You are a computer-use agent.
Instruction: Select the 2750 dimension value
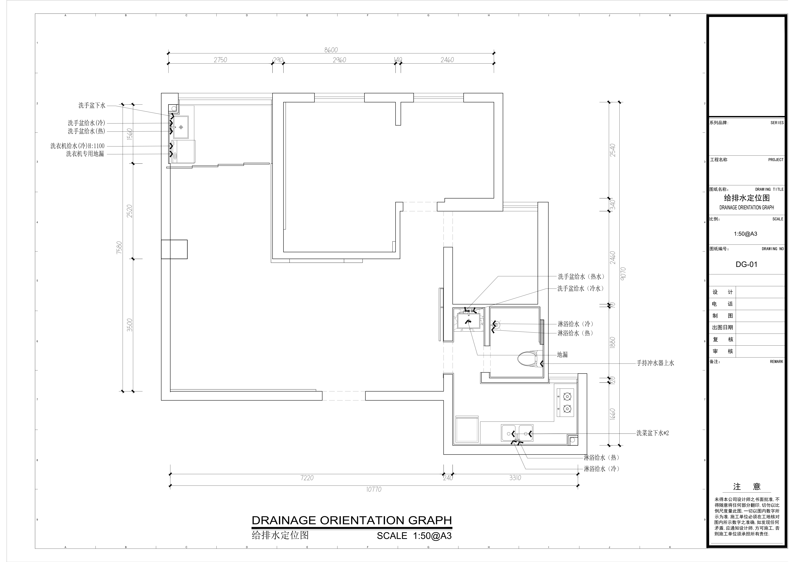220,60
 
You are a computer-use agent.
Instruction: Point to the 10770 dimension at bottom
374,489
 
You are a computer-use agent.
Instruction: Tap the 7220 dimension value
307,478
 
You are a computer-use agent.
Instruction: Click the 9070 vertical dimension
623,273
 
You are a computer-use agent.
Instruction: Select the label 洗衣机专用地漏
85,154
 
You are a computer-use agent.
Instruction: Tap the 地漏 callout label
562,355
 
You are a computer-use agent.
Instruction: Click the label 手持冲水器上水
655,363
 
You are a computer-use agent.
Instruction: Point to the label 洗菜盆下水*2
653,433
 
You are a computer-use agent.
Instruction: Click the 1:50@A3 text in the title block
745,234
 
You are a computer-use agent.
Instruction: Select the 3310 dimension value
515,478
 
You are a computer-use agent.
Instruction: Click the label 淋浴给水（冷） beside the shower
576,324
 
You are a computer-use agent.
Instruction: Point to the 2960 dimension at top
339,60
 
